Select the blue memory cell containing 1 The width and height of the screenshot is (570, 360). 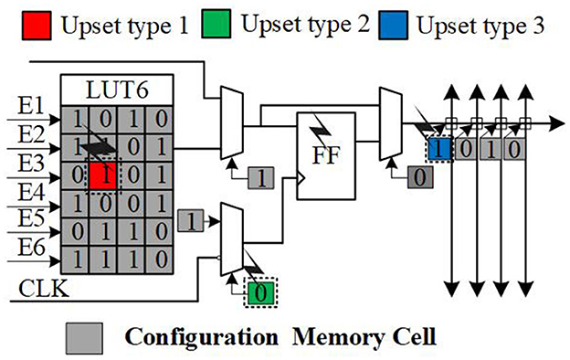439,146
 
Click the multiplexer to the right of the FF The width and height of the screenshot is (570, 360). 390,124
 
